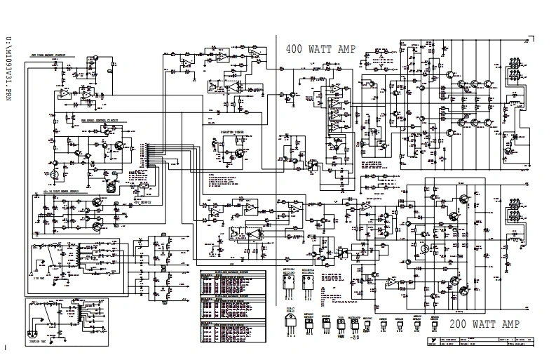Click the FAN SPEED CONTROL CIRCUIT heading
pos(100,120)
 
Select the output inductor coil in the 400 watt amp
pos(515,100)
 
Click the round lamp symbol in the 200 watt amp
pos(424,248)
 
